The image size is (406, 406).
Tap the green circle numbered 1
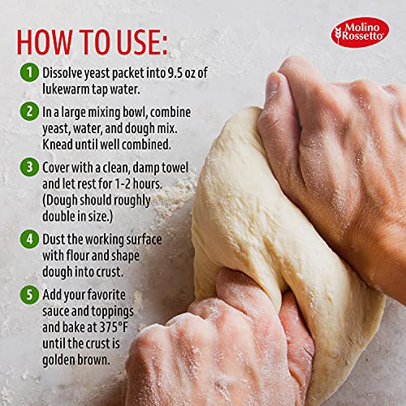[x=29, y=72]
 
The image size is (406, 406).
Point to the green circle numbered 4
[x=29, y=240]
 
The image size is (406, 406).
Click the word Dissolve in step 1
[x=67, y=73]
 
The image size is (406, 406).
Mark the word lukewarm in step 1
[x=73, y=89]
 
